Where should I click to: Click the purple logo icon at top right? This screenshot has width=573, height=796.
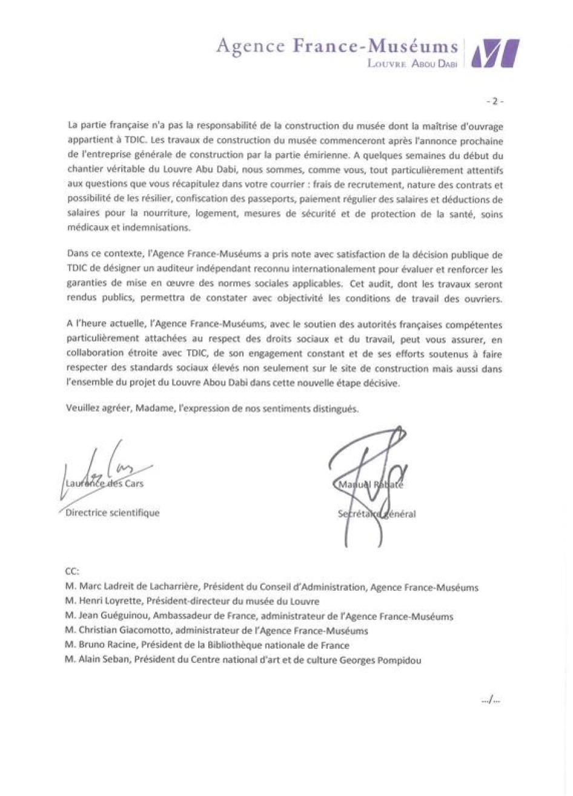(495, 53)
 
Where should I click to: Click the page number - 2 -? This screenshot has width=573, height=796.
(495, 102)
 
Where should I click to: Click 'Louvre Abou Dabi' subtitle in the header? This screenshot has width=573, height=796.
(411, 63)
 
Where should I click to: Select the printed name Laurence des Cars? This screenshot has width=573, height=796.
(104, 484)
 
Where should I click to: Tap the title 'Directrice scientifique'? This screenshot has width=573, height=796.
(113, 513)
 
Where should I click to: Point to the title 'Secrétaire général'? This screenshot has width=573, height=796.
(377, 515)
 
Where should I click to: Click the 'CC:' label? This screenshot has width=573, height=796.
(71, 571)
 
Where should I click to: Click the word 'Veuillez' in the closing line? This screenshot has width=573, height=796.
(82, 409)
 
